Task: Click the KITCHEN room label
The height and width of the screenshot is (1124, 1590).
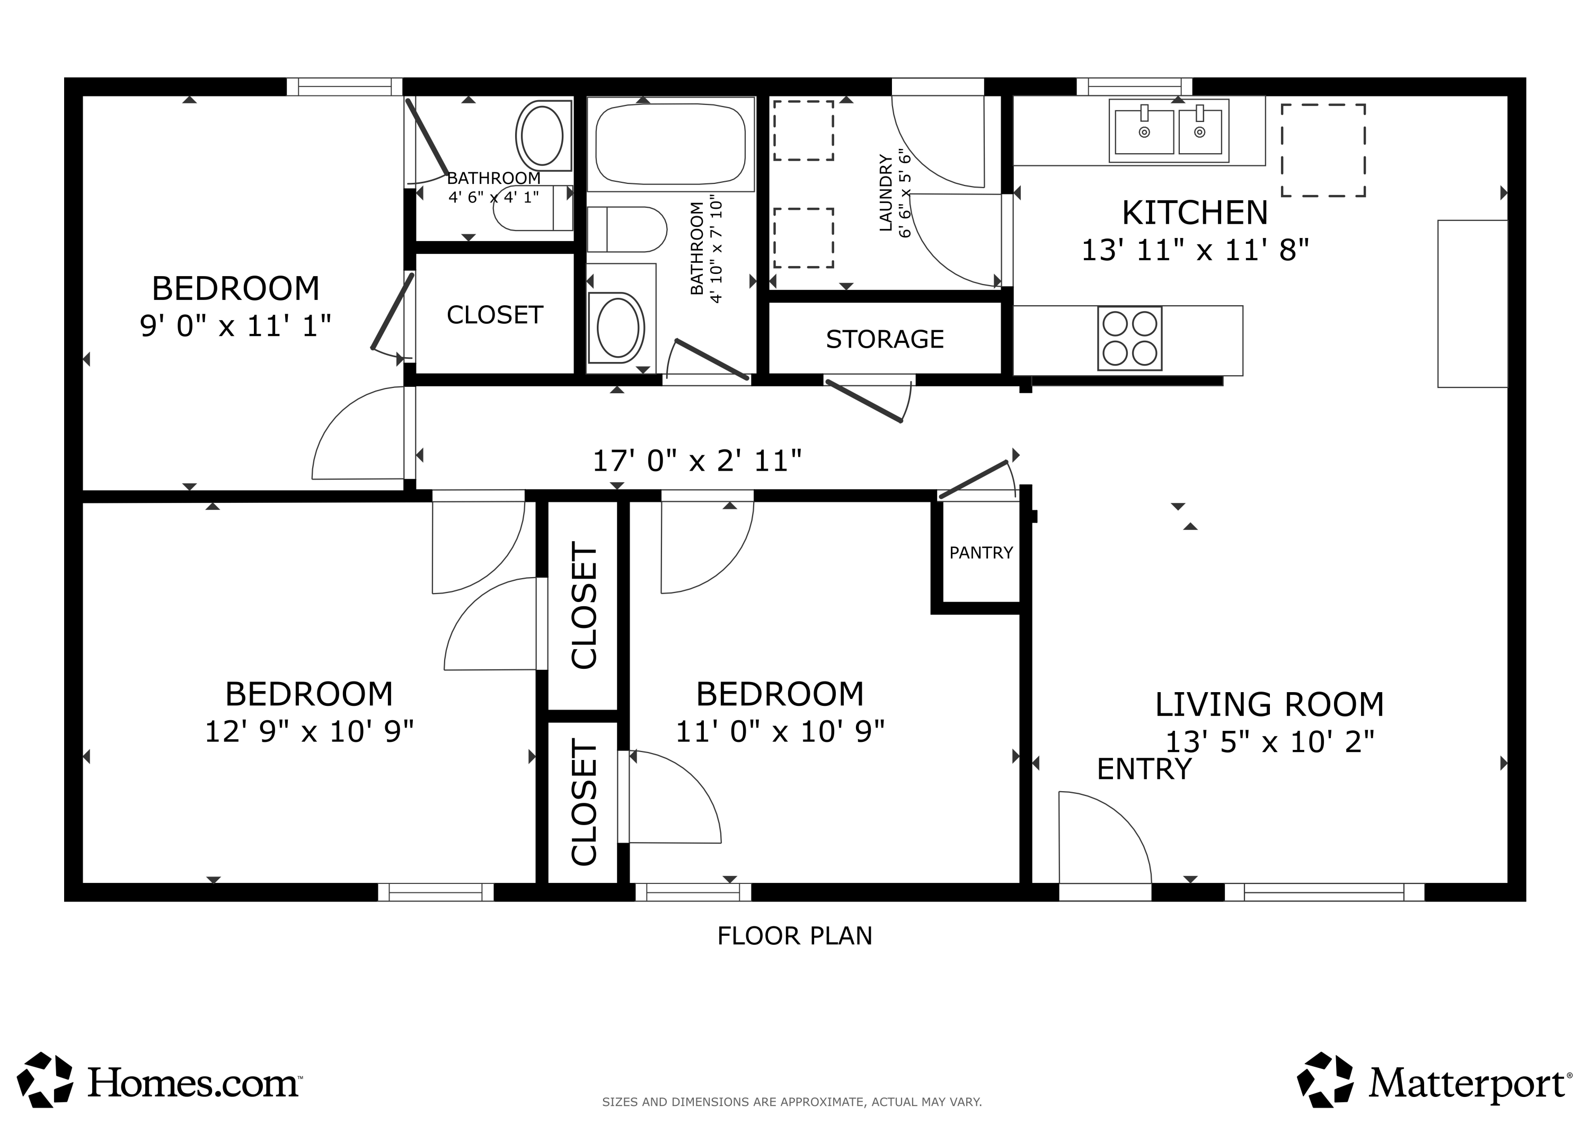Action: (1195, 213)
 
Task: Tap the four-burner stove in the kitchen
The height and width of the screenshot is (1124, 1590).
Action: (1129, 338)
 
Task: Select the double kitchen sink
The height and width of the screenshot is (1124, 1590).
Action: (1169, 131)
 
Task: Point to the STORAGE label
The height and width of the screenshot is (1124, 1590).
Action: (885, 339)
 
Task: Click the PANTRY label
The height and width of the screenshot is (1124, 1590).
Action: (980, 553)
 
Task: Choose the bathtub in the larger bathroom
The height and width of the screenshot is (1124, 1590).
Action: (670, 144)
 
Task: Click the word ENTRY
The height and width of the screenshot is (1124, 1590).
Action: (1144, 769)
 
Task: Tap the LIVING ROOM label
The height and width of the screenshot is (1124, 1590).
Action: (1269, 705)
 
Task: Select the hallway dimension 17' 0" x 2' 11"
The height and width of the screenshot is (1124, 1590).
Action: (697, 461)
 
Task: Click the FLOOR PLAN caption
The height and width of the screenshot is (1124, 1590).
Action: (795, 936)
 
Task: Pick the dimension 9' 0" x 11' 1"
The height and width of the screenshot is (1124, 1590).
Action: (235, 325)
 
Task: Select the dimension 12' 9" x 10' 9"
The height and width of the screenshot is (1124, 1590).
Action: (309, 731)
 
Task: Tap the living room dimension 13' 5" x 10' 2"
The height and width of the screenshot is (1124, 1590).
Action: (1270, 742)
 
